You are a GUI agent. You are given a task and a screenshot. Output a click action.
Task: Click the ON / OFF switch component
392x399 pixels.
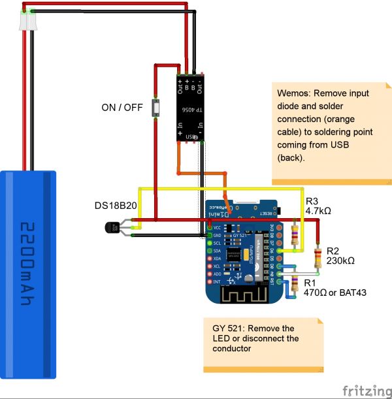[x=156, y=108]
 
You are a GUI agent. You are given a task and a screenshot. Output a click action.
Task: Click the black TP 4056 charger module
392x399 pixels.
[x=190, y=108]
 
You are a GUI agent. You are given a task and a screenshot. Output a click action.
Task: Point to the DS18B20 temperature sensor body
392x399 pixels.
[x=109, y=227]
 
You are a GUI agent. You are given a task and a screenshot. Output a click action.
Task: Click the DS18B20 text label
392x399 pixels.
[x=116, y=206]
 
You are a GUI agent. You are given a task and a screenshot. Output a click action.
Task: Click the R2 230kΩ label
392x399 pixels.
[x=340, y=255]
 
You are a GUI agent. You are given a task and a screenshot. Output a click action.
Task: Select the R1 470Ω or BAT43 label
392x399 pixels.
[x=331, y=287]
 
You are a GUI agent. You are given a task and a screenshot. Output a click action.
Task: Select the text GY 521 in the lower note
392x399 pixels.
[x=225, y=328]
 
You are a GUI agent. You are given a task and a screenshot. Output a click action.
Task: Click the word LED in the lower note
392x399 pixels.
[x=222, y=338]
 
